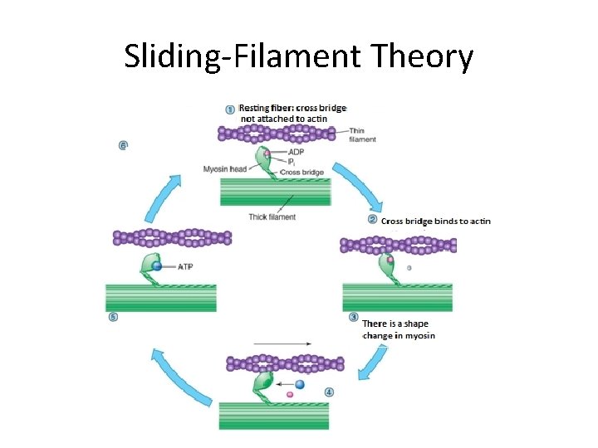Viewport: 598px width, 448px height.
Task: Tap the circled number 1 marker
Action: [x=230, y=109]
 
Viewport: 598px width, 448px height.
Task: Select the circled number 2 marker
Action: [x=373, y=220]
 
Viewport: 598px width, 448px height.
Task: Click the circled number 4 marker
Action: [x=329, y=392]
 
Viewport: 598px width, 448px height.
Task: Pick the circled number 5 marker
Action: [x=113, y=318]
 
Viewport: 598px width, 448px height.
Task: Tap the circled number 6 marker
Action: [x=123, y=145]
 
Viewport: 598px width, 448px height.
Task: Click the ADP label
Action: [x=296, y=153]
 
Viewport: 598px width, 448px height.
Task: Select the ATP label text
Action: [x=186, y=267]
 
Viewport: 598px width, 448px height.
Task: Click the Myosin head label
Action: [x=225, y=169]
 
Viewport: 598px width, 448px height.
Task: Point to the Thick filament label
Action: [x=272, y=217]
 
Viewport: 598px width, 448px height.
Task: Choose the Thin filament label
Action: [x=362, y=135]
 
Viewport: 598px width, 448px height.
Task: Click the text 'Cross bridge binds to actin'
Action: [x=436, y=221]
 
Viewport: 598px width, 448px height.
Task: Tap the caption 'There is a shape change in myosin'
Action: [x=398, y=329]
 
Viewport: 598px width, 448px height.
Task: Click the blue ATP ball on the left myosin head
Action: [x=157, y=266]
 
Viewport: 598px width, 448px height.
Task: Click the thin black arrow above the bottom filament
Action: [x=283, y=342]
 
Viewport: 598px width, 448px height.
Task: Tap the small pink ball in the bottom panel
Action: [x=290, y=395]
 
